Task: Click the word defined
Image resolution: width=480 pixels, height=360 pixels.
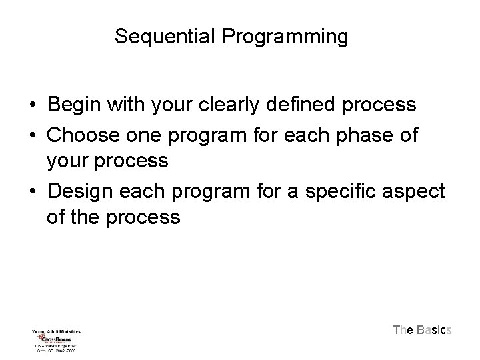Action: [x=307, y=105]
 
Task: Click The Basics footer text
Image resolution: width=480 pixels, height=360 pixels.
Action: [x=423, y=330]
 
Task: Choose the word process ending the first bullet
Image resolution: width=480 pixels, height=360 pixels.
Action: [x=379, y=105]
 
